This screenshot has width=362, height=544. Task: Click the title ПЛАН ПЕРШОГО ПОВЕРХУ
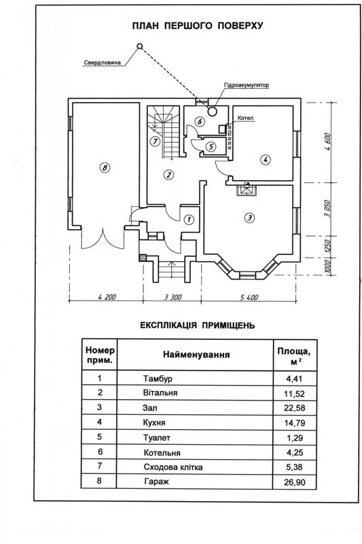(x=198, y=26)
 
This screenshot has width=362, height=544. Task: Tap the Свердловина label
(x=102, y=63)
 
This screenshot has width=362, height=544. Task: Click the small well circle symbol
(x=140, y=46)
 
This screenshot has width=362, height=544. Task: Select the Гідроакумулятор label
(x=247, y=85)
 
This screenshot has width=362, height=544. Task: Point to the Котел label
(x=245, y=118)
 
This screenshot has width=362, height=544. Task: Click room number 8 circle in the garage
(x=105, y=168)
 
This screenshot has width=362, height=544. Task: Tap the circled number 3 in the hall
(x=249, y=218)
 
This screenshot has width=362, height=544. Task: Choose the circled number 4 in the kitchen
(x=266, y=160)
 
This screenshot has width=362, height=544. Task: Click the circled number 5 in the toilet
(x=211, y=146)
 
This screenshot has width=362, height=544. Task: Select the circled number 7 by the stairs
(x=155, y=141)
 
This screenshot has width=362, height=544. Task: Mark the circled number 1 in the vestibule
(x=189, y=219)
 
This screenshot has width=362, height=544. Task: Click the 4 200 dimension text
(x=107, y=297)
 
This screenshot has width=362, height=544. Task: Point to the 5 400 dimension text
(x=249, y=297)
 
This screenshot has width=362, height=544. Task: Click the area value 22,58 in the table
(x=295, y=407)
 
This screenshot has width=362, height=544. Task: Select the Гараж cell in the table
(x=157, y=481)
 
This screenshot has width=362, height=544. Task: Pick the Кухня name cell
(x=154, y=422)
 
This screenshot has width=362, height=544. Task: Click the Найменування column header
(x=196, y=354)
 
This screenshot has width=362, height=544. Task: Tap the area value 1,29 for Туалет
(x=295, y=438)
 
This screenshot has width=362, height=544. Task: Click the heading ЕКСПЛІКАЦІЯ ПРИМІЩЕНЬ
(x=198, y=326)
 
